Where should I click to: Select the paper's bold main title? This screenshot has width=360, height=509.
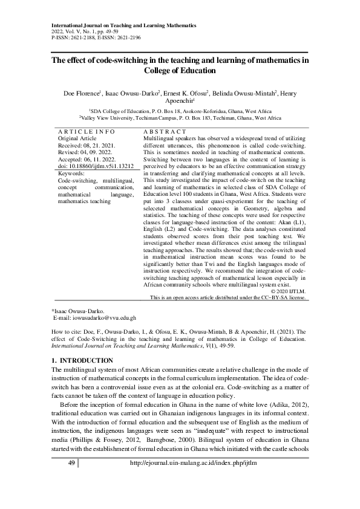[x=180, y=65]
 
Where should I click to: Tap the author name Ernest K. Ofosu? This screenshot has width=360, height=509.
[x=185, y=94]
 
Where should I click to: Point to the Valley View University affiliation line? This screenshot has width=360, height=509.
[x=180, y=119]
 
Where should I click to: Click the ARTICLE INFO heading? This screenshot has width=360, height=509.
[x=86, y=131]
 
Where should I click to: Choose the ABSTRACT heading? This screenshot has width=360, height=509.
[x=165, y=131]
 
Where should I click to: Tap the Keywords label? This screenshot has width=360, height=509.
[x=71, y=173]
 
